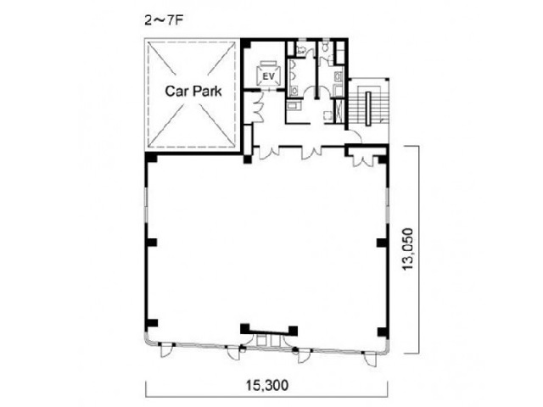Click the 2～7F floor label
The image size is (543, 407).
point(164,20)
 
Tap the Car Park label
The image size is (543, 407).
point(193,91)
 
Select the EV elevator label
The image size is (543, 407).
point(268,76)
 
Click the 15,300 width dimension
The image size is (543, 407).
point(267,384)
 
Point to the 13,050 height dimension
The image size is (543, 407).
point(408,248)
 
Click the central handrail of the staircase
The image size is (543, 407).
point(367,109)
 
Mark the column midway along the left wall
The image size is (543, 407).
point(152,243)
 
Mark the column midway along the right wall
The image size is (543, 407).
point(382,243)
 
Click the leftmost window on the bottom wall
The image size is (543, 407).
point(164,350)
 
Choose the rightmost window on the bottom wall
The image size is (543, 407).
point(370,359)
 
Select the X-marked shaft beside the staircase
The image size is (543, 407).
point(340,110)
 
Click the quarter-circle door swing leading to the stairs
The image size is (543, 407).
point(355,136)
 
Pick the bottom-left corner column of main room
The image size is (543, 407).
point(152,324)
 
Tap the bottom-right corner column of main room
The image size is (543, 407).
point(382,332)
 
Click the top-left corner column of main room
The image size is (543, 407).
point(151,159)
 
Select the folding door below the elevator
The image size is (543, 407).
point(258,107)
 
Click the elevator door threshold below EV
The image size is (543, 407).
point(268,90)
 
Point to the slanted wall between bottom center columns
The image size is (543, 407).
point(269,332)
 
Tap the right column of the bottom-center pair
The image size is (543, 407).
point(293,331)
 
